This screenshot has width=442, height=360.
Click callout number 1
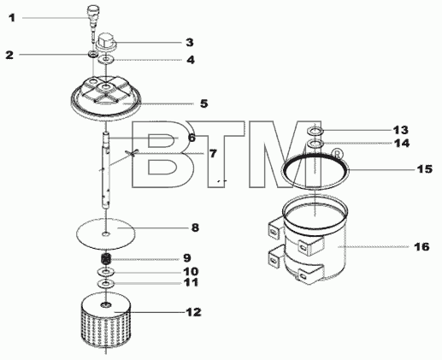coord(12,18)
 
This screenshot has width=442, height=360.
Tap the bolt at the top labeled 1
coord(93,23)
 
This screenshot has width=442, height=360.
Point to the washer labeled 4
coord(106,60)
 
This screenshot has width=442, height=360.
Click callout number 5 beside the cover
coord(204,103)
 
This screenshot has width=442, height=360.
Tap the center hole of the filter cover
coord(106,86)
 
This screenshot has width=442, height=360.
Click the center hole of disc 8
coord(106,234)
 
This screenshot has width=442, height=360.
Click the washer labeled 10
coord(106,272)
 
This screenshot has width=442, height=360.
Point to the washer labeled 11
coord(106,284)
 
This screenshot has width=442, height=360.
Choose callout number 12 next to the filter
coord(194,312)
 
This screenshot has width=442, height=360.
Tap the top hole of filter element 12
coord(106,305)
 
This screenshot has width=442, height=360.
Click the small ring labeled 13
coord(315,132)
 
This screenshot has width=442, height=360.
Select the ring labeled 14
coord(315,143)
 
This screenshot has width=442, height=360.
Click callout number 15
coord(425,169)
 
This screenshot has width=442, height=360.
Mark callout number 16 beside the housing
coord(421,246)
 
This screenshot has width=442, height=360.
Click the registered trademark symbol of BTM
coord(337,154)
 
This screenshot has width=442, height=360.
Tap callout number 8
coord(195,227)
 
